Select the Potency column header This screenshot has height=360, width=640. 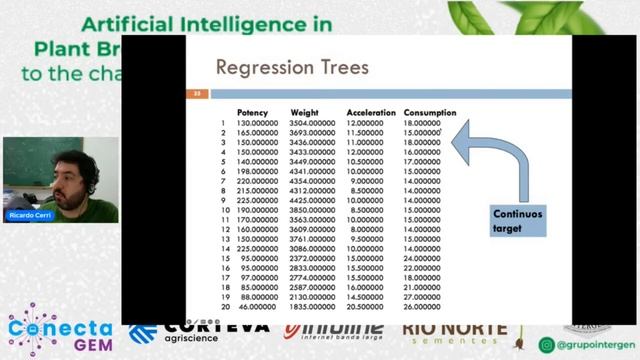coord(252,113)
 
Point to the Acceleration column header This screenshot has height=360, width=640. coord(371,113)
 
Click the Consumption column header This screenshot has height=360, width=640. coord(430,113)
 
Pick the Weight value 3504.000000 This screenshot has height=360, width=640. coord(311,123)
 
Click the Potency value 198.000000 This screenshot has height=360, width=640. coord(257,171)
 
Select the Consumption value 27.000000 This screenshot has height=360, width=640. coord(422,296)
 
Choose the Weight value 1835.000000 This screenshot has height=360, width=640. coord(311,306)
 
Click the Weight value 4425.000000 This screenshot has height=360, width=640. coord(311,200)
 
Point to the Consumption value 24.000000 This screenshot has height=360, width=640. coord(422,258)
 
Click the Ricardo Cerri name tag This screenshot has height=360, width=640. coord(29,215)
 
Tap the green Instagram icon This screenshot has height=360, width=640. coord(547,345)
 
